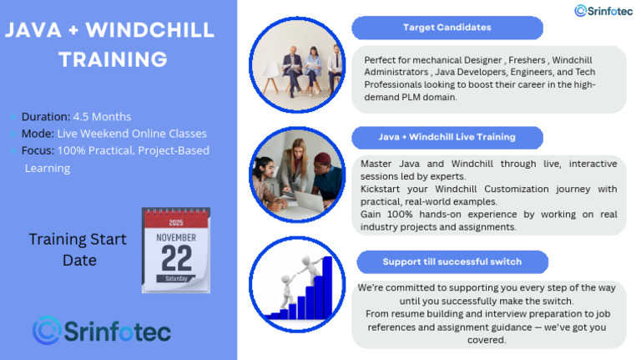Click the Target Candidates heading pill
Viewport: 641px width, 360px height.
coord(447,28)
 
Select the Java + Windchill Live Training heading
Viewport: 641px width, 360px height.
coord(447,138)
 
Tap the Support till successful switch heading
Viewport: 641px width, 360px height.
coord(452,261)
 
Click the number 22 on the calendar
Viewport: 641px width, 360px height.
coord(177,258)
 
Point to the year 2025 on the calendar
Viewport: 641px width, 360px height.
coord(176,222)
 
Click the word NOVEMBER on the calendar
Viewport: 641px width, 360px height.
coord(176,238)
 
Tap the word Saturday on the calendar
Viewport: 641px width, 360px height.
coord(176,279)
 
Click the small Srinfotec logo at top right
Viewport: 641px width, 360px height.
coord(603,11)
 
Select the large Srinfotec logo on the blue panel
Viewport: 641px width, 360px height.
coord(101,330)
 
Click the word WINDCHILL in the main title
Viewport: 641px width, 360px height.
coord(149,30)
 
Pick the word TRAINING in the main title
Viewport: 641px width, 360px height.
coord(113,60)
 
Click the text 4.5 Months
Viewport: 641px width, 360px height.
coord(102,117)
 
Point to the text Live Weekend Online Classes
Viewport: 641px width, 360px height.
coord(132,134)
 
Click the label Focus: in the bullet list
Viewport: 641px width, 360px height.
coord(38,150)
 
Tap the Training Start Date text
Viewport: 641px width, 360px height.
coord(78,250)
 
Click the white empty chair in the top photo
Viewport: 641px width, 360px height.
coord(270,77)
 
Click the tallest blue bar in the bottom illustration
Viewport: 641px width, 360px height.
coord(327,287)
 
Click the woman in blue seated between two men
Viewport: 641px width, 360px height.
coord(313,70)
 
